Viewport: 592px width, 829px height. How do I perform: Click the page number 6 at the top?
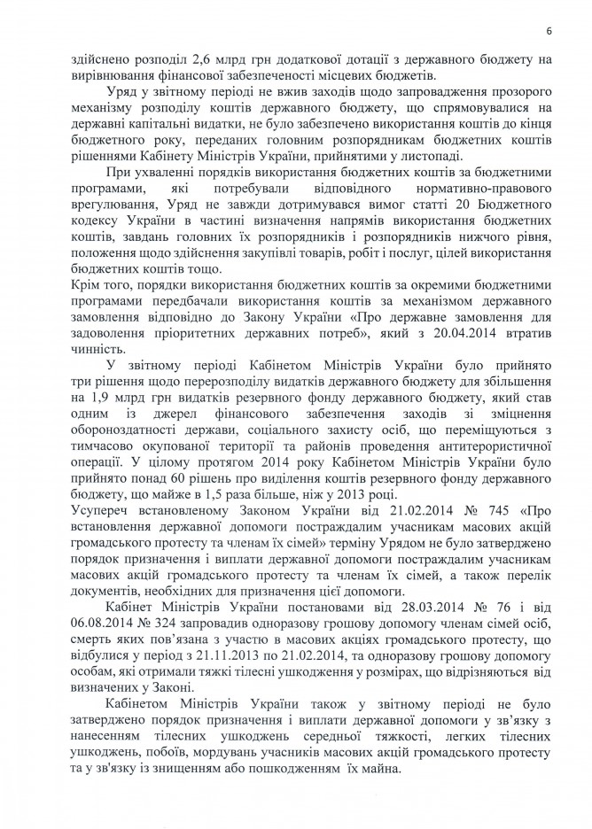pyautogui.click(x=549, y=32)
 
